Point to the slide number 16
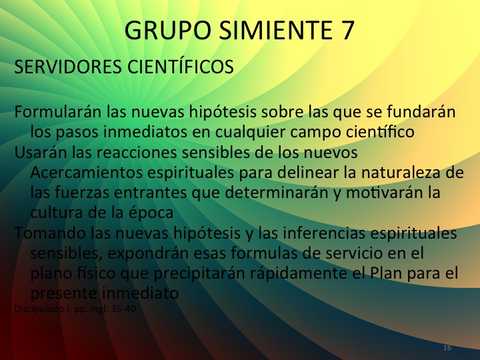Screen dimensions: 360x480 pyautogui.click(x=447, y=348)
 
